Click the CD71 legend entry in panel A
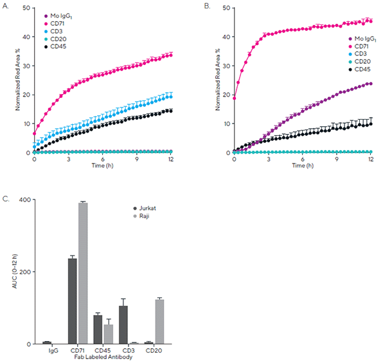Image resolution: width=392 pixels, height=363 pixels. click(63, 23)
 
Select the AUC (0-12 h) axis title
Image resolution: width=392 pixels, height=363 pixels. click(14, 273)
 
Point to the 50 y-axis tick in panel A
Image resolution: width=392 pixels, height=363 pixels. click(28, 7)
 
